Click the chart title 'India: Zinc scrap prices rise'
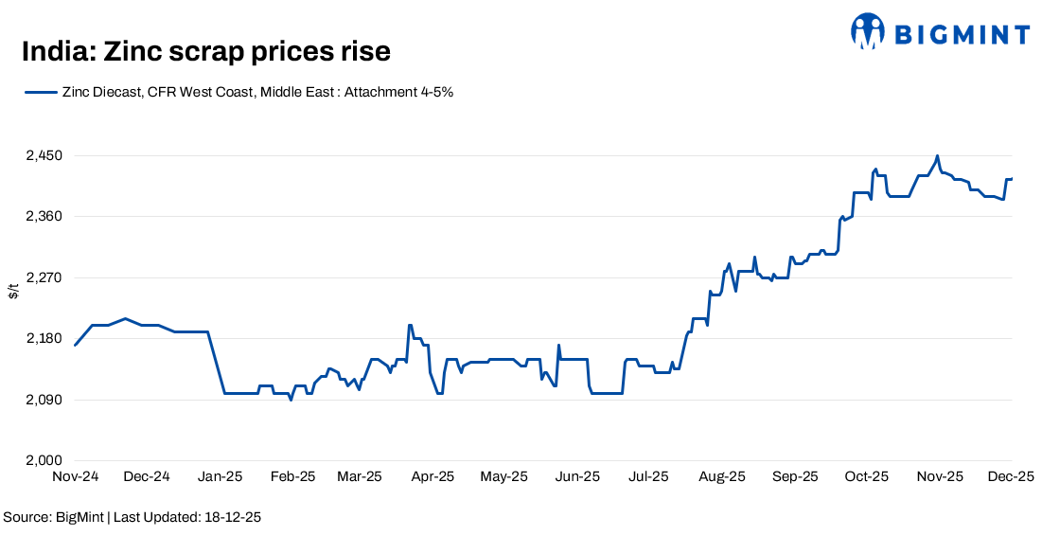(x=205, y=51)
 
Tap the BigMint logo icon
(x=867, y=31)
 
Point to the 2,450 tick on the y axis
(x=42, y=155)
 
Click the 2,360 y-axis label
(x=42, y=217)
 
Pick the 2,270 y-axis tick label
(x=42, y=277)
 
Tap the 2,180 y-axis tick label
(x=42, y=339)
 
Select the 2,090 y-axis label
(x=42, y=400)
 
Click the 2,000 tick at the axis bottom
(x=42, y=461)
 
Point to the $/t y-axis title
(x=12, y=291)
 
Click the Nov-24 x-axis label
(x=75, y=476)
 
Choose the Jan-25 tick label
(x=221, y=476)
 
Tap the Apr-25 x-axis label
(x=431, y=476)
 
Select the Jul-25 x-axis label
(x=648, y=476)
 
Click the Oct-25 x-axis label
(x=866, y=476)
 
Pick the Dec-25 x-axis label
(x=1009, y=476)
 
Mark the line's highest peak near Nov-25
(x=937, y=156)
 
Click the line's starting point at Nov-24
(x=75, y=345)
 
